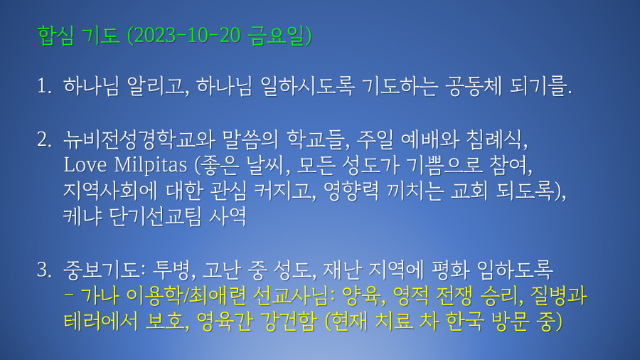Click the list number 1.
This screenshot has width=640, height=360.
coord(44,86)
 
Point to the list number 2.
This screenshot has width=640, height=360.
coord(44,139)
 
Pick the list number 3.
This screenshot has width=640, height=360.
coord(44,270)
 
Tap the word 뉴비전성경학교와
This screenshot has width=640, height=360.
coord(139,139)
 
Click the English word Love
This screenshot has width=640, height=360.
coord(85,165)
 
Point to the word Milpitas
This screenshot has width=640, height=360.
coord(150,166)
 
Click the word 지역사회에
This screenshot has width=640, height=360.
coord(110,191)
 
